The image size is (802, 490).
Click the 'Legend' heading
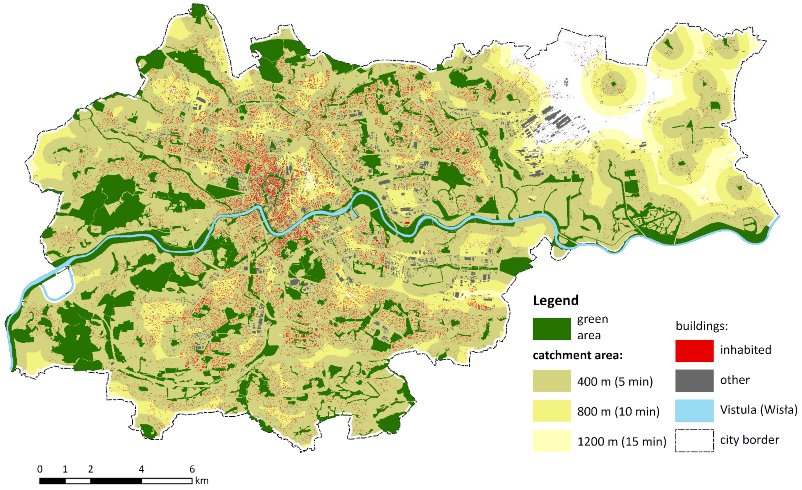(x=556, y=300)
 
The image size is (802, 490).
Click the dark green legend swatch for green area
(x=552, y=329)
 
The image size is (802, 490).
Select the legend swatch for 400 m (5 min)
(x=552, y=381)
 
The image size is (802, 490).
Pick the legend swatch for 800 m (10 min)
(x=552, y=411)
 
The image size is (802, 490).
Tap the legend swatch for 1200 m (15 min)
(x=552, y=441)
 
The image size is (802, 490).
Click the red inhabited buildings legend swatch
(x=694, y=351)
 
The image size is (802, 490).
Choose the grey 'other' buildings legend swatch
(x=694, y=381)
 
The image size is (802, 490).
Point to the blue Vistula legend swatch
(x=694, y=411)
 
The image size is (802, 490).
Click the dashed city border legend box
(x=694, y=441)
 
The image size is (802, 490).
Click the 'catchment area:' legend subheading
(x=577, y=355)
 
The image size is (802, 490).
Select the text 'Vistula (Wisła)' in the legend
(x=759, y=410)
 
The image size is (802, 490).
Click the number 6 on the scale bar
(x=192, y=469)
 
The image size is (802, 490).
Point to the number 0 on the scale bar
(x=40, y=469)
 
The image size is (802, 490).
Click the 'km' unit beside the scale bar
(x=202, y=481)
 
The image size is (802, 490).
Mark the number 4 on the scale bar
(x=141, y=469)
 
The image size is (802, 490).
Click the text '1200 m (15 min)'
(x=622, y=442)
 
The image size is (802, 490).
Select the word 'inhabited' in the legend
(x=746, y=350)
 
